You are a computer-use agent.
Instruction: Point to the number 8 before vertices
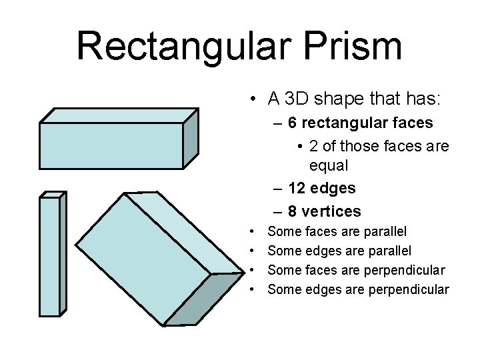(293, 212)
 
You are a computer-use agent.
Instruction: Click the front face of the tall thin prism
(50, 257)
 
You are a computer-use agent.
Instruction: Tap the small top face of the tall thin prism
(53, 195)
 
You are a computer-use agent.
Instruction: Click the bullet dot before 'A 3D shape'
(255, 101)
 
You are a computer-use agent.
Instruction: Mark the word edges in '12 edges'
(336, 189)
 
